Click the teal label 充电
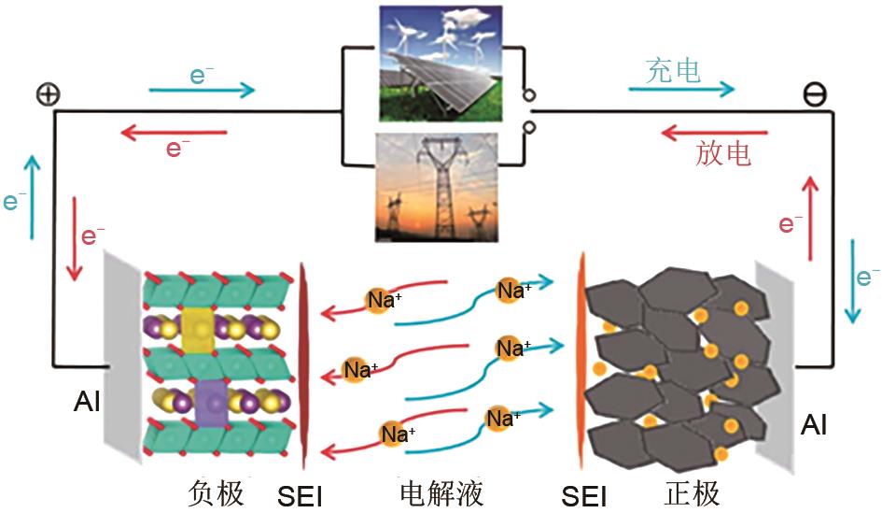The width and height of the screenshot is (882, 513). (x=673, y=70)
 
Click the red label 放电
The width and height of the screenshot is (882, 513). (x=723, y=153)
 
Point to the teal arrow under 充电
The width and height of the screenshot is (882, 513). (x=680, y=90)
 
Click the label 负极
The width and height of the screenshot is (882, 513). (x=216, y=492)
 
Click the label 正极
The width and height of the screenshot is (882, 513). (x=692, y=492)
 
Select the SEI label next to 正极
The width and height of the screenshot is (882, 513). (x=585, y=496)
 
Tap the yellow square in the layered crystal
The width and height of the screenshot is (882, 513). (x=198, y=326)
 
